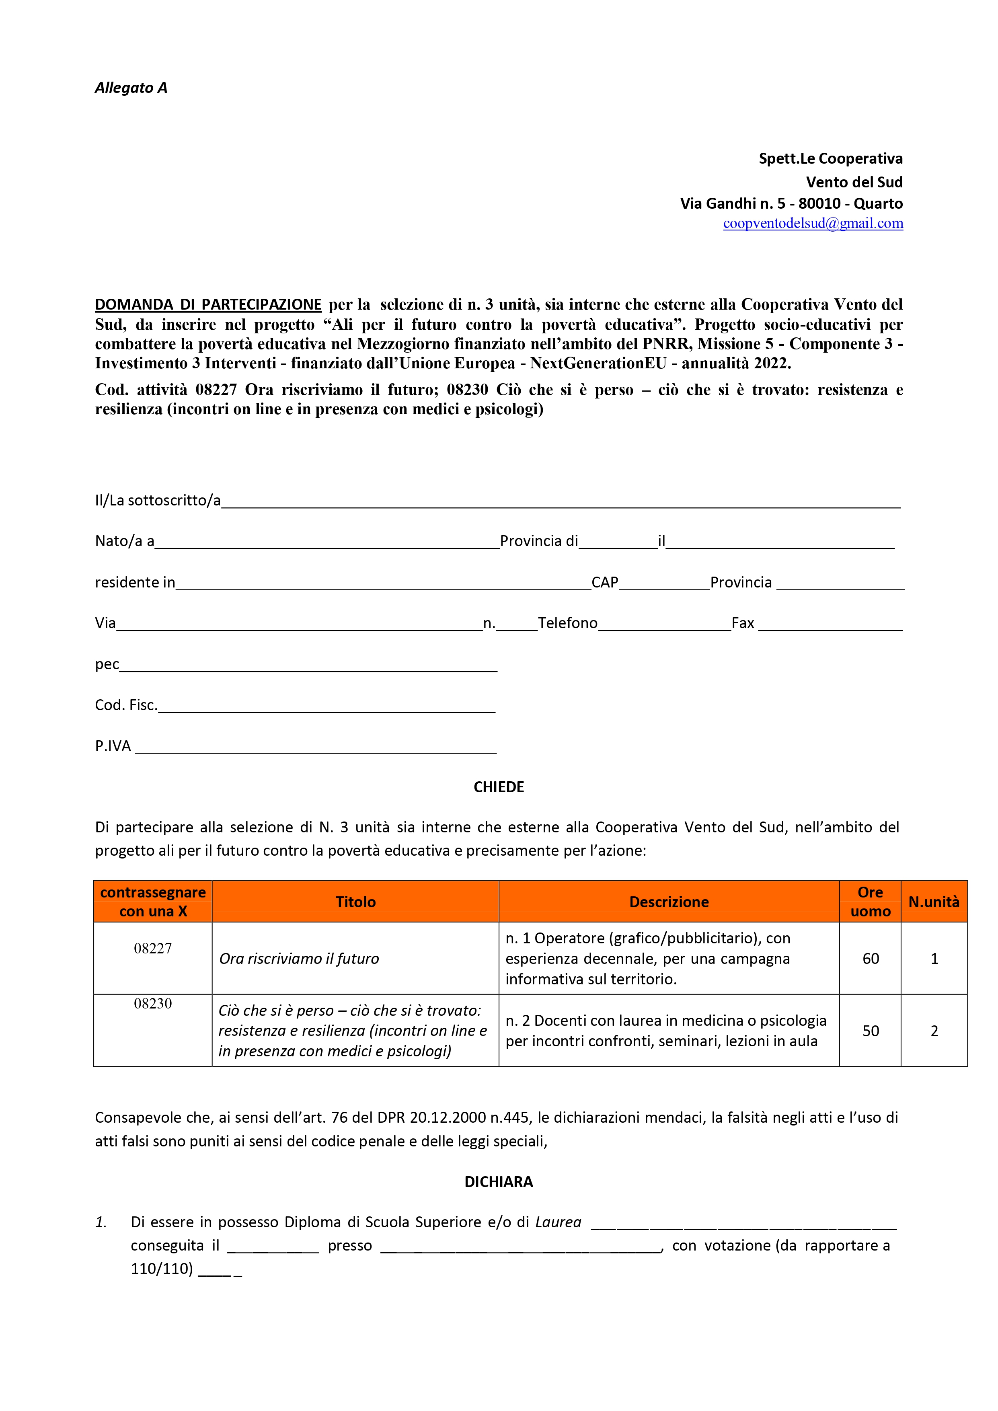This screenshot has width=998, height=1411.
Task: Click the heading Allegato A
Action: click(x=131, y=88)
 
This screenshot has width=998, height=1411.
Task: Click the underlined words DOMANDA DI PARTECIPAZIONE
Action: click(x=208, y=305)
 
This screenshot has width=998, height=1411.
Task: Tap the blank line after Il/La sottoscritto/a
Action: click(x=561, y=503)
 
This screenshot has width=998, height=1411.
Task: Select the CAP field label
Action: click(x=605, y=583)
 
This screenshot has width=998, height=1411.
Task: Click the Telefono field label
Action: click(x=567, y=623)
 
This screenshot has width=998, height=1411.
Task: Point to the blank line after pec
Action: click(x=308, y=667)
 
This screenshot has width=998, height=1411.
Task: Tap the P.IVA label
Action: click(x=113, y=746)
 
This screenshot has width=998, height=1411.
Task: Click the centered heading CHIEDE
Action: click(x=498, y=787)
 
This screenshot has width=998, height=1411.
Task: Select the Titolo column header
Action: click(x=355, y=902)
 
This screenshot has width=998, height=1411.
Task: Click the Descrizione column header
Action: click(x=669, y=902)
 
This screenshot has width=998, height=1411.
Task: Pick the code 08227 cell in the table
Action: click(x=153, y=948)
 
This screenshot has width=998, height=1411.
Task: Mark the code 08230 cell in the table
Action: click(x=153, y=1004)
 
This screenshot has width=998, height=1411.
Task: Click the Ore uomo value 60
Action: click(x=870, y=959)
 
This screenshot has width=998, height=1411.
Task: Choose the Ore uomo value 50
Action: click(x=870, y=1031)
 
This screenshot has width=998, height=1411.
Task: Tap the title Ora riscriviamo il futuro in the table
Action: click(x=299, y=959)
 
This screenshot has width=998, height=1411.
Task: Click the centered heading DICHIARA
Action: click(x=498, y=1182)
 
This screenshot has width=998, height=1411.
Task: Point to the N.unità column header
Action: click(x=934, y=902)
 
